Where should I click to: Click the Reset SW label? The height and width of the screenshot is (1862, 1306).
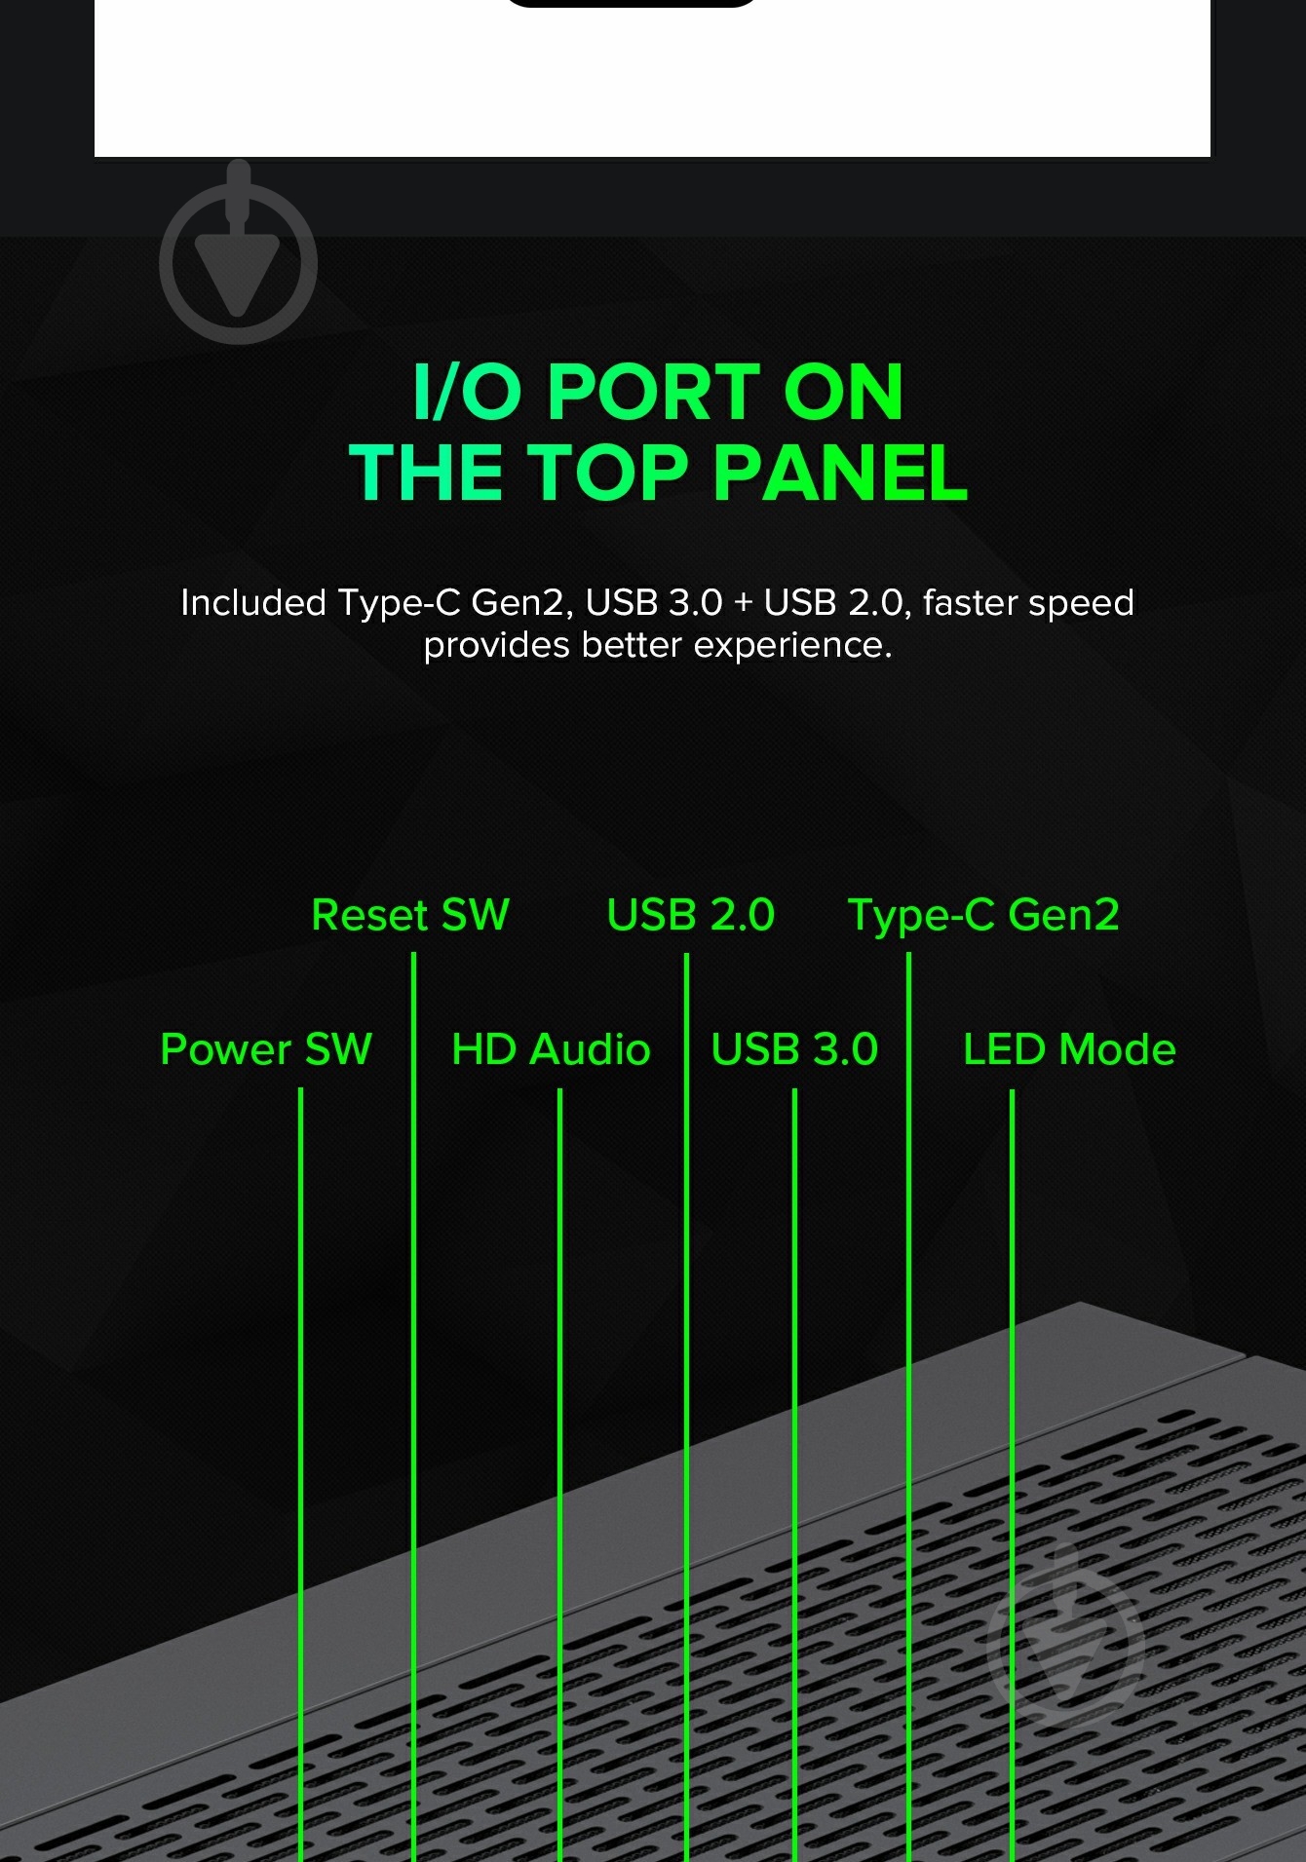pos(410,915)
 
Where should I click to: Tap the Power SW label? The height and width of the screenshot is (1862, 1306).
pos(266,1049)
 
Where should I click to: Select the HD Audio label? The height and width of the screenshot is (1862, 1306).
pos(551,1049)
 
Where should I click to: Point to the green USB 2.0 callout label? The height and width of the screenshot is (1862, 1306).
pos(691,915)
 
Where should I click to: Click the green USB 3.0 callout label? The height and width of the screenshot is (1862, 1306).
pos(794,1049)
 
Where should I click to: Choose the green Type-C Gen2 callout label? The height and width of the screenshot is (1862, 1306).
pos(984,916)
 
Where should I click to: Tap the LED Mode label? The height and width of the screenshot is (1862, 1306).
pos(1069,1049)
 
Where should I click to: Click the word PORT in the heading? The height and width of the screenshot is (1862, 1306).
pos(654,392)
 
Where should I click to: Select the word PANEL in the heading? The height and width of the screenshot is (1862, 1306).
pos(840,473)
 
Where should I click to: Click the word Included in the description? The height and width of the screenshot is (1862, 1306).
pos(253,602)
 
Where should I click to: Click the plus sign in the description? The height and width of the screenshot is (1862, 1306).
pos(744,603)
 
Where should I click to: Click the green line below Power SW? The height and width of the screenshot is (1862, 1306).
pos(300,1474)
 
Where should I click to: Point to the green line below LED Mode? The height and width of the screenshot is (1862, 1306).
pos(1012,1474)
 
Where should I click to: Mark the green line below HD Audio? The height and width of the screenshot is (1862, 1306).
pos(559,1474)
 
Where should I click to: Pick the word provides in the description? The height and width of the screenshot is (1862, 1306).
pos(497,646)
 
